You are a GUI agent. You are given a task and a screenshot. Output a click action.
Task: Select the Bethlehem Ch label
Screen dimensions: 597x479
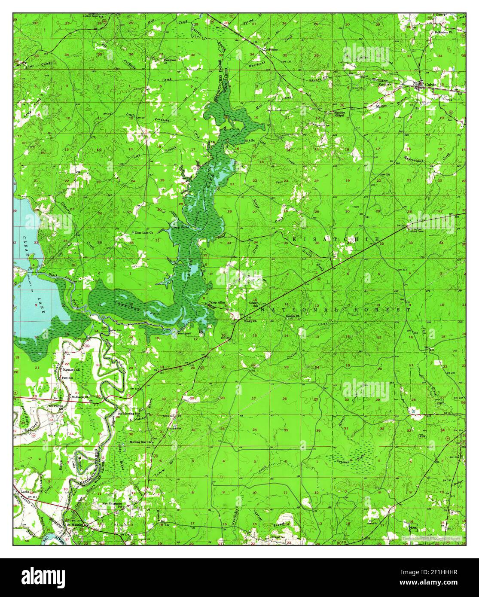(x=454, y=20)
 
